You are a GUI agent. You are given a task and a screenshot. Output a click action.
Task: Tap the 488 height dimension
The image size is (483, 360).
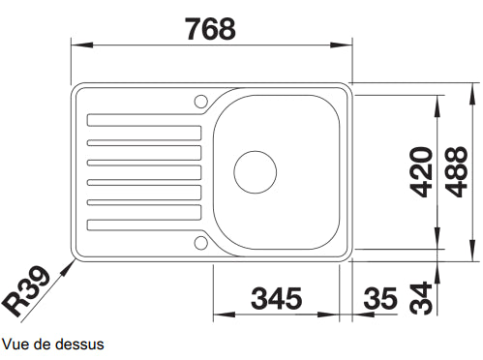(460, 172)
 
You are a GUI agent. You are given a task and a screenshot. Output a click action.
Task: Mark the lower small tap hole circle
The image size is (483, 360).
(200, 241)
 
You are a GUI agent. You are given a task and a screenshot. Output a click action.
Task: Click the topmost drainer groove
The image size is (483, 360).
(145, 120)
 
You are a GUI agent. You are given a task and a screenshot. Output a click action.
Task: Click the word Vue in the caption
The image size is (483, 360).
(15, 344)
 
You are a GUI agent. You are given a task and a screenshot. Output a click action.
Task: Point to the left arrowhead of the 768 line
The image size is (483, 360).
(78, 45)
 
